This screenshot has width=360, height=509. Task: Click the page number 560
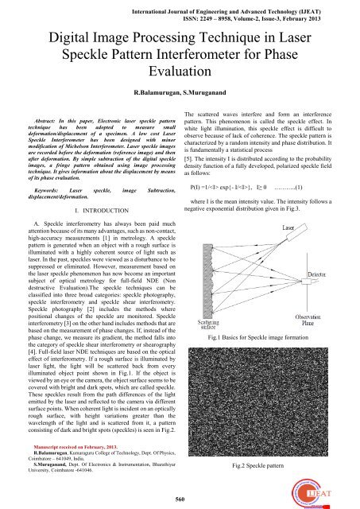point(180,497)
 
